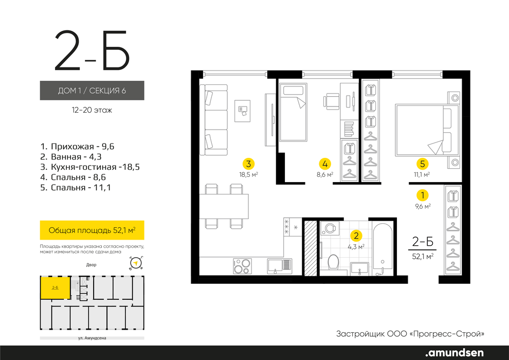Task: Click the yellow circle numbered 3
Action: click(248, 164)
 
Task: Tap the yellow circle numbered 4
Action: click(325, 164)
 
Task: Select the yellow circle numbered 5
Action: click(422, 164)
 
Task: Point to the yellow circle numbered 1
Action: click(422, 195)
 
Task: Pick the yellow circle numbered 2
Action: click(356, 236)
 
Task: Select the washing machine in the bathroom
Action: click(330, 228)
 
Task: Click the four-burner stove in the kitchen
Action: click(242, 266)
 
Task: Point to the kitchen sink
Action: click(280, 266)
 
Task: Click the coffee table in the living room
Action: click(243, 111)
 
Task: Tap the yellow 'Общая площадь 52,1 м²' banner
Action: click(92, 230)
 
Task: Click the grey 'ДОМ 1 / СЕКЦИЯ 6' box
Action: click(92, 90)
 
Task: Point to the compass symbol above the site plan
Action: click(136, 263)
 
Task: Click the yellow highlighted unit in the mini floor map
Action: click(55, 288)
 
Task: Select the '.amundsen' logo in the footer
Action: click(454, 352)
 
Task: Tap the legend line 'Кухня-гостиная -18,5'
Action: click(90, 167)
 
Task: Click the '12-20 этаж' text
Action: click(92, 111)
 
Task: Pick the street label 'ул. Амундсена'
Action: click(92, 338)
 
